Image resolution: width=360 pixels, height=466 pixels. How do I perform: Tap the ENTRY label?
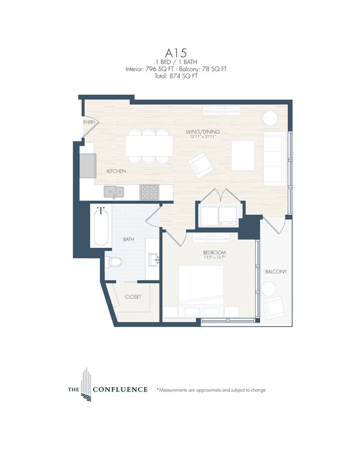pos(89,122)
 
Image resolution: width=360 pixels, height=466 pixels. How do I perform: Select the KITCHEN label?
pos(117,172)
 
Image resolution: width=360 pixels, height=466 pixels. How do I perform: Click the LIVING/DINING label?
pos(203,131)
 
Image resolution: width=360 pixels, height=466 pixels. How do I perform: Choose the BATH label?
pos(129,240)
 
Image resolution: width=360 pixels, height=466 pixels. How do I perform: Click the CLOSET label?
pos(133,296)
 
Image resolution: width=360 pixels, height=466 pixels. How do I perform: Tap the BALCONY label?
pos(276,272)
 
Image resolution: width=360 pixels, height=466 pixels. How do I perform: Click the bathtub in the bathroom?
pos(100,227)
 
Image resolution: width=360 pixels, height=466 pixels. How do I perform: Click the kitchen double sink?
pos(114,192)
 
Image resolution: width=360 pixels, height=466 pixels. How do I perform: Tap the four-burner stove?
pos(149,192)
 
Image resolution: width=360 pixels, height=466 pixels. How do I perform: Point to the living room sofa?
pos(274,158)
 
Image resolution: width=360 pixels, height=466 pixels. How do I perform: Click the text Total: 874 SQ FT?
pos(180,76)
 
